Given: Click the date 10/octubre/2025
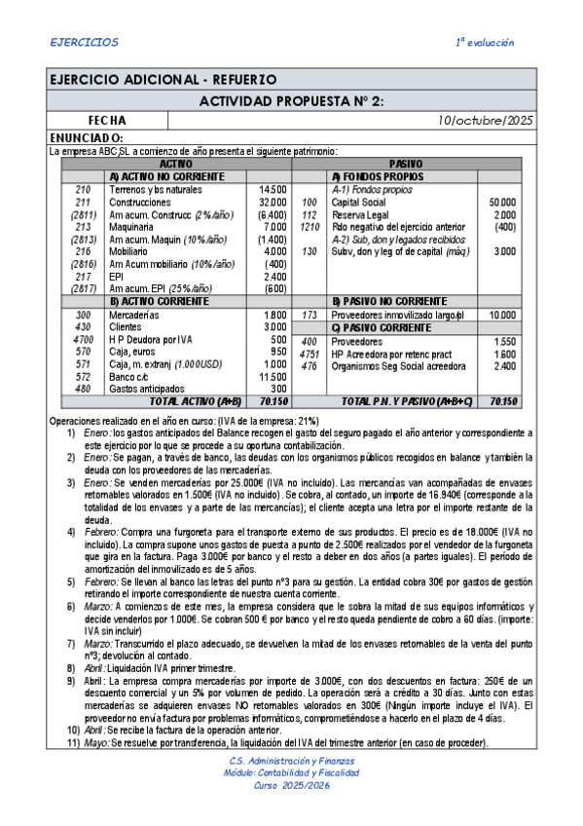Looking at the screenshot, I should (486, 121).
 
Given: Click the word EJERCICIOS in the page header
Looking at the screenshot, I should (84, 43).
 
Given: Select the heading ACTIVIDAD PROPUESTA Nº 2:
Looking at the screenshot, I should (291, 101).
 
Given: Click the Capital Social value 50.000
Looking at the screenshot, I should (502, 202).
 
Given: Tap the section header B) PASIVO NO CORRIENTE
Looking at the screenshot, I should (389, 301).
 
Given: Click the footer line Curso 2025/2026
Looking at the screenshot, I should (291, 785).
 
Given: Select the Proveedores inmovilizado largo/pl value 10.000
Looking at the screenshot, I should (502, 315).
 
